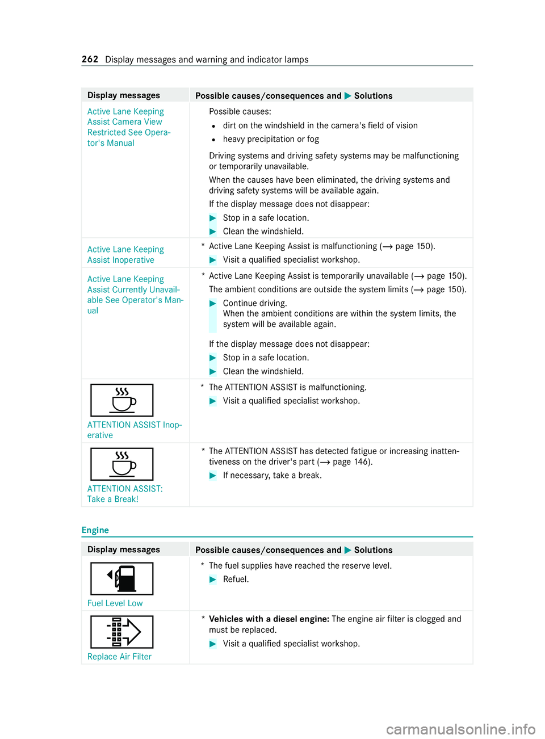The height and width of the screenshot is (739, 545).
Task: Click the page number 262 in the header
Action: coord(90,60)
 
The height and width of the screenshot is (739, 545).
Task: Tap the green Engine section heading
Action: coord(95,530)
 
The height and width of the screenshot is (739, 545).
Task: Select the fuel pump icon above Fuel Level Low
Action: coord(122,578)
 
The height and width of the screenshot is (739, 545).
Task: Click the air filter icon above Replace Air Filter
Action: coord(122,632)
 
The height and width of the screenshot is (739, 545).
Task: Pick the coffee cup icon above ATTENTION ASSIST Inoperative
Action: coord(122,400)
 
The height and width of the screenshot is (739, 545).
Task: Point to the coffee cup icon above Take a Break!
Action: coord(122,464)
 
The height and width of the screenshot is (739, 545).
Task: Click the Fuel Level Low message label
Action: coord(115,603)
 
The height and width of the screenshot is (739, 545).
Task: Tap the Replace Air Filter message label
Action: coord(119,657)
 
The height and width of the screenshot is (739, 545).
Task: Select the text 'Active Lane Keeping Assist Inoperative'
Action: coord(125,255)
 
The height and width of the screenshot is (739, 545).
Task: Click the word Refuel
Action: coord(236,580)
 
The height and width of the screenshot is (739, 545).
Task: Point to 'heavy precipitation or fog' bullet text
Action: coord(271,139)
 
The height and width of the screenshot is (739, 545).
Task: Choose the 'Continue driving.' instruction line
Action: coord(255,303)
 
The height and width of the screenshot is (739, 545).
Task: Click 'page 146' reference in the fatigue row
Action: coord(352,462)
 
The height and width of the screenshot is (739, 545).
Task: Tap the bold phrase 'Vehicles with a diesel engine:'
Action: coord(269,619)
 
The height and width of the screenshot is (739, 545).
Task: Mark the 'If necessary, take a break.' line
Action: coord(272,476)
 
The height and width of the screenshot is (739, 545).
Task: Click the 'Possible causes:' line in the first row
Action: coord(240,112)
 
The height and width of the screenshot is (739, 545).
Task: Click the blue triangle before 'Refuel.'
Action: coord(213,580)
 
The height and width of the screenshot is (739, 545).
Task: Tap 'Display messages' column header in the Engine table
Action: coord(124,549)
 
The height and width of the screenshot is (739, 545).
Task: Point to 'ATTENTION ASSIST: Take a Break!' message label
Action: coord(124,494)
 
